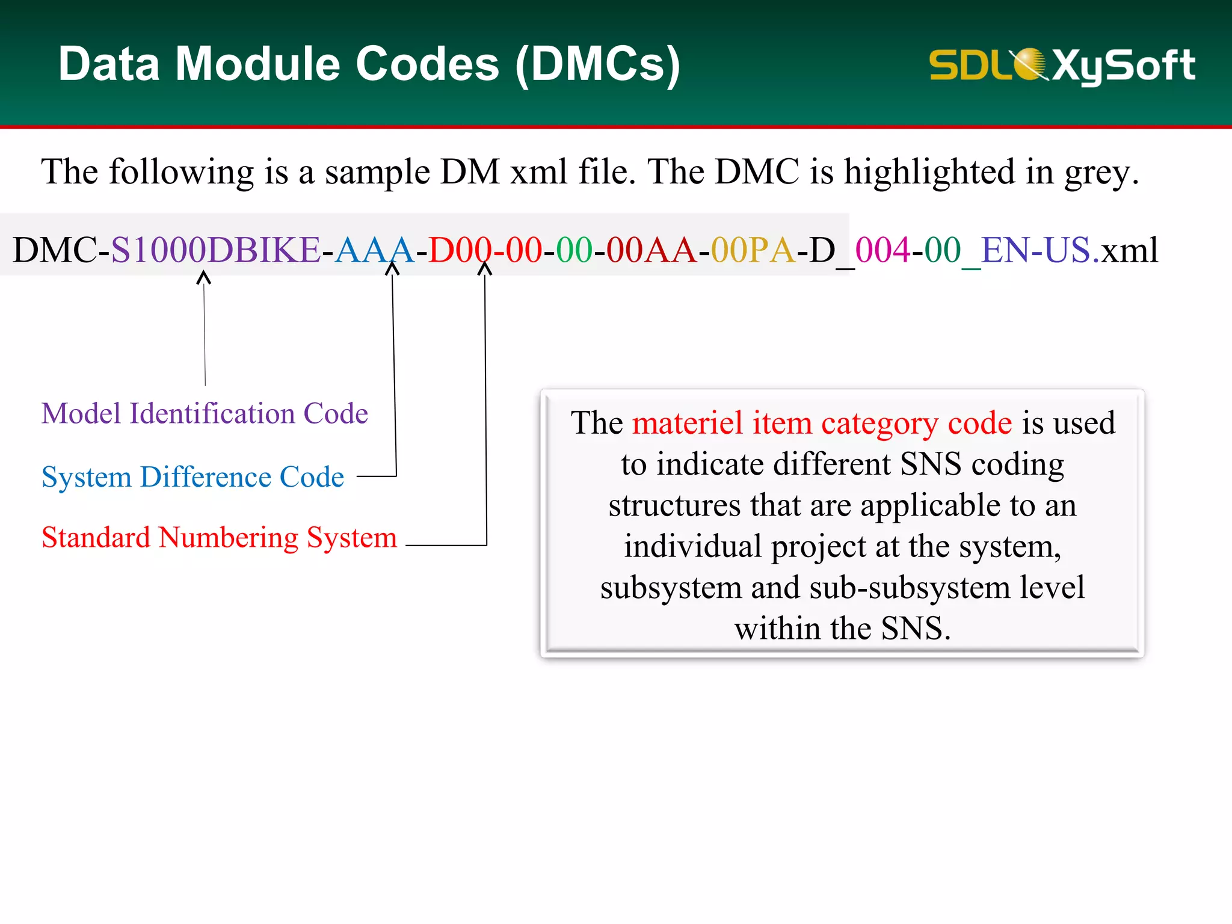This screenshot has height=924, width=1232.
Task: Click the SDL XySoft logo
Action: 1062,65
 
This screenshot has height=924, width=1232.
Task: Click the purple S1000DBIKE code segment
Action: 215,250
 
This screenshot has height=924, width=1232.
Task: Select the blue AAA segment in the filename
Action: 374,250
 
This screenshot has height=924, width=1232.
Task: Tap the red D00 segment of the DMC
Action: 459,250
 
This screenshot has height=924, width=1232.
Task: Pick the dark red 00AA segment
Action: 651,250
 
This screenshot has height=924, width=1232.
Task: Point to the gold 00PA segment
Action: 753,250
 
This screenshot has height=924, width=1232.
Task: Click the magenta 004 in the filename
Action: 882,250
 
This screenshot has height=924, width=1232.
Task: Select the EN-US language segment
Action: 1035,250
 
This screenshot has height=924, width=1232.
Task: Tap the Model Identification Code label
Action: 205,414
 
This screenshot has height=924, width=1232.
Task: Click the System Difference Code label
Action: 192,477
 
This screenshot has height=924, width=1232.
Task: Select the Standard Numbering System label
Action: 219,537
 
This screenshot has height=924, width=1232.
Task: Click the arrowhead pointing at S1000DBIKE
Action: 204,277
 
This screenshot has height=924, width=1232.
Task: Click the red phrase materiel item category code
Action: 822,423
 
